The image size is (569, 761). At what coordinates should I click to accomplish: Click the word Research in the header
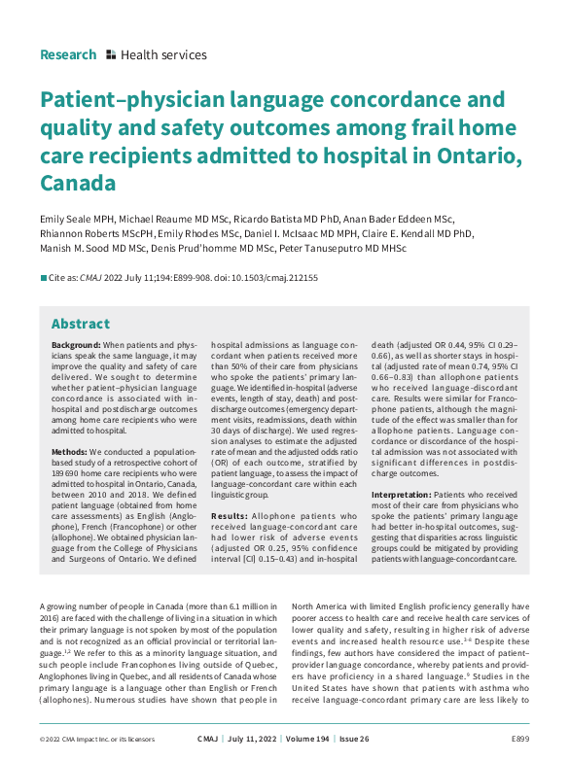(x=68, y=54)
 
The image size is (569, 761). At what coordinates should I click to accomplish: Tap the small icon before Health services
(x=111, y=55)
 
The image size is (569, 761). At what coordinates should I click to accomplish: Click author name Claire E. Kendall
(x=406, y=234)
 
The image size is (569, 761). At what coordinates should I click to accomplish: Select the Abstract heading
(x=80, y=324)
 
